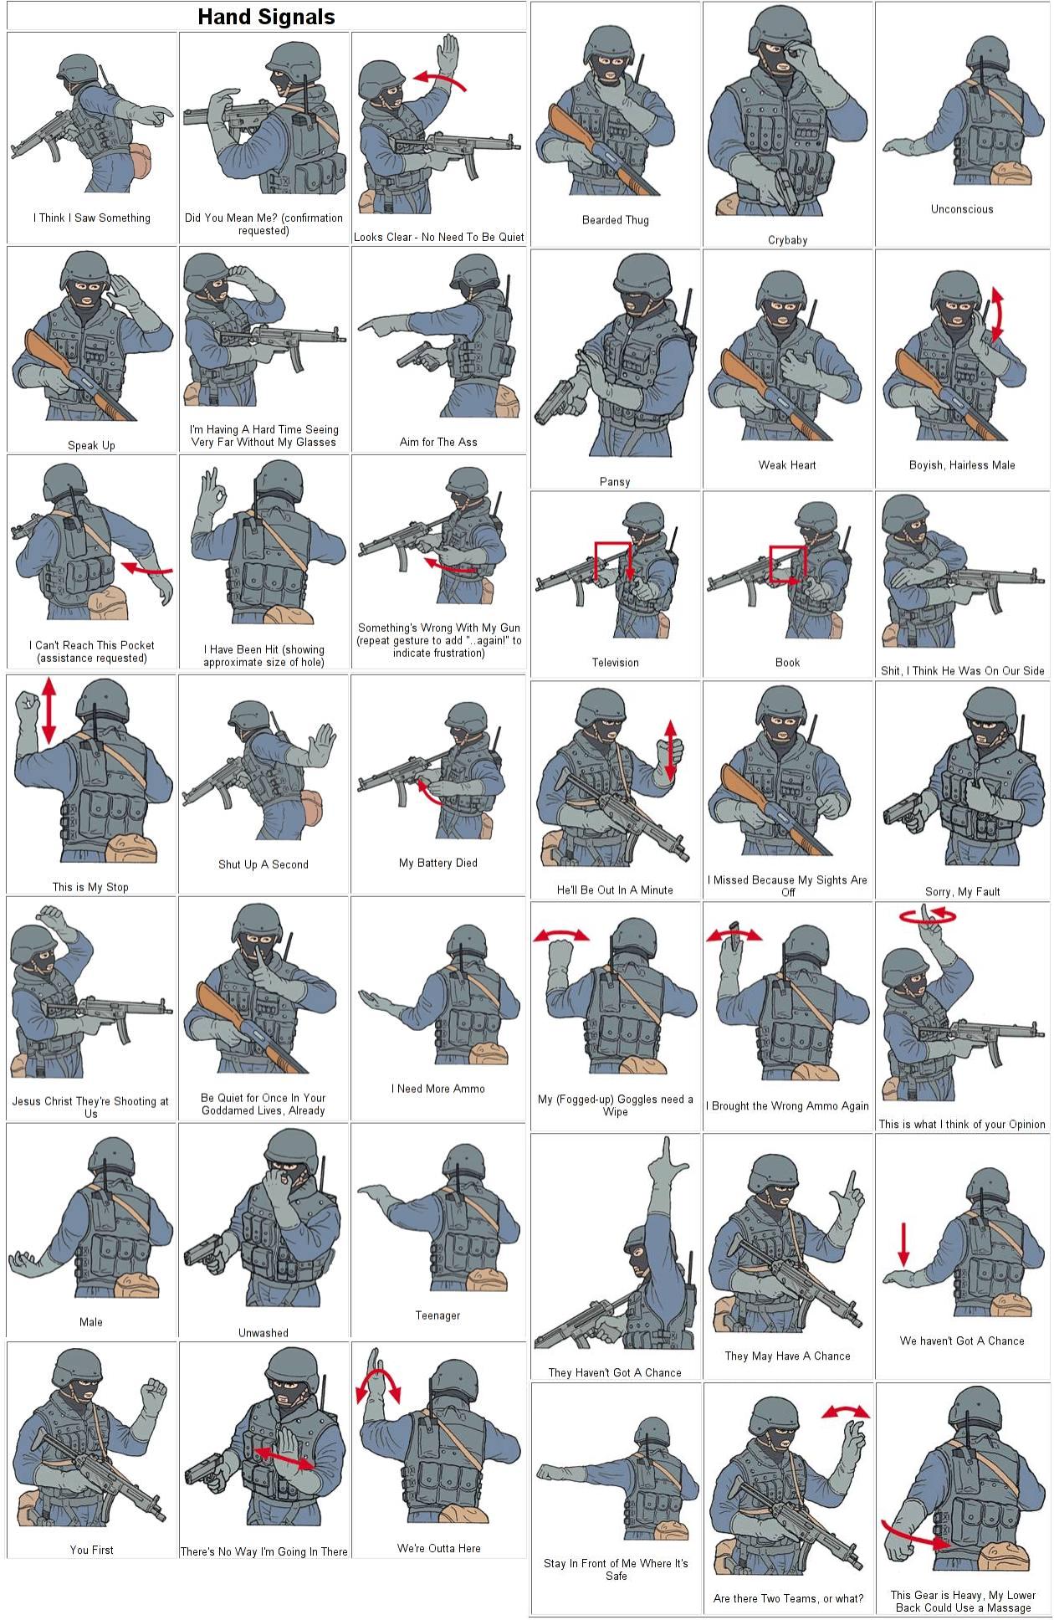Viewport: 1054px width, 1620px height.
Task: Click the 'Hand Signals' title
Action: [266, 18]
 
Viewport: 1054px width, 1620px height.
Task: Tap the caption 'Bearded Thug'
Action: [615, 220]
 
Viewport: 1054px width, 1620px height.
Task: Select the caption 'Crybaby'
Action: [787, 240]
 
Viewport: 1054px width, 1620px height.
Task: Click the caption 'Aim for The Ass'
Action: [438, 442]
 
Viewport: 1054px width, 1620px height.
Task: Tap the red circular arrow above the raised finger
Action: [928, 916]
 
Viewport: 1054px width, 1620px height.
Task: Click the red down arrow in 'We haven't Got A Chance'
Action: [903, 1244]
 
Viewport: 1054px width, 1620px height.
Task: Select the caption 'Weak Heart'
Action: [787, 465]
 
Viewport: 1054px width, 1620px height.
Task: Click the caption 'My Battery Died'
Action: [438, 863]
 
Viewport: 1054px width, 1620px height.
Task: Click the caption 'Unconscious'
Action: [962, 209]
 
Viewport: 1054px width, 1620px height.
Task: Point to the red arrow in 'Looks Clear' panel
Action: [440, 79]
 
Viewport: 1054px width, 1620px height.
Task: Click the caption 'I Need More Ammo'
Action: [438, 1089]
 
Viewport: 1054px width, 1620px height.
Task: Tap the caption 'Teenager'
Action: [438, 1315]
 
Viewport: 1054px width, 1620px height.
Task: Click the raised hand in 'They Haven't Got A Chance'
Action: [669, 1163]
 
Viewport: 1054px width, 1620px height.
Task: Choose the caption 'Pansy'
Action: [615, 482]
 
